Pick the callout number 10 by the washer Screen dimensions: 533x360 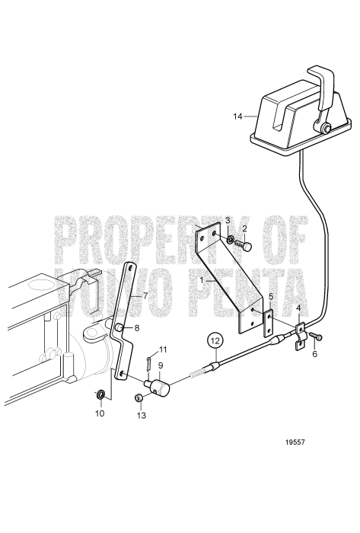[x=100, y=413]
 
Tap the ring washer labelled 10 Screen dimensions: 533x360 [x=100, y=394]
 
